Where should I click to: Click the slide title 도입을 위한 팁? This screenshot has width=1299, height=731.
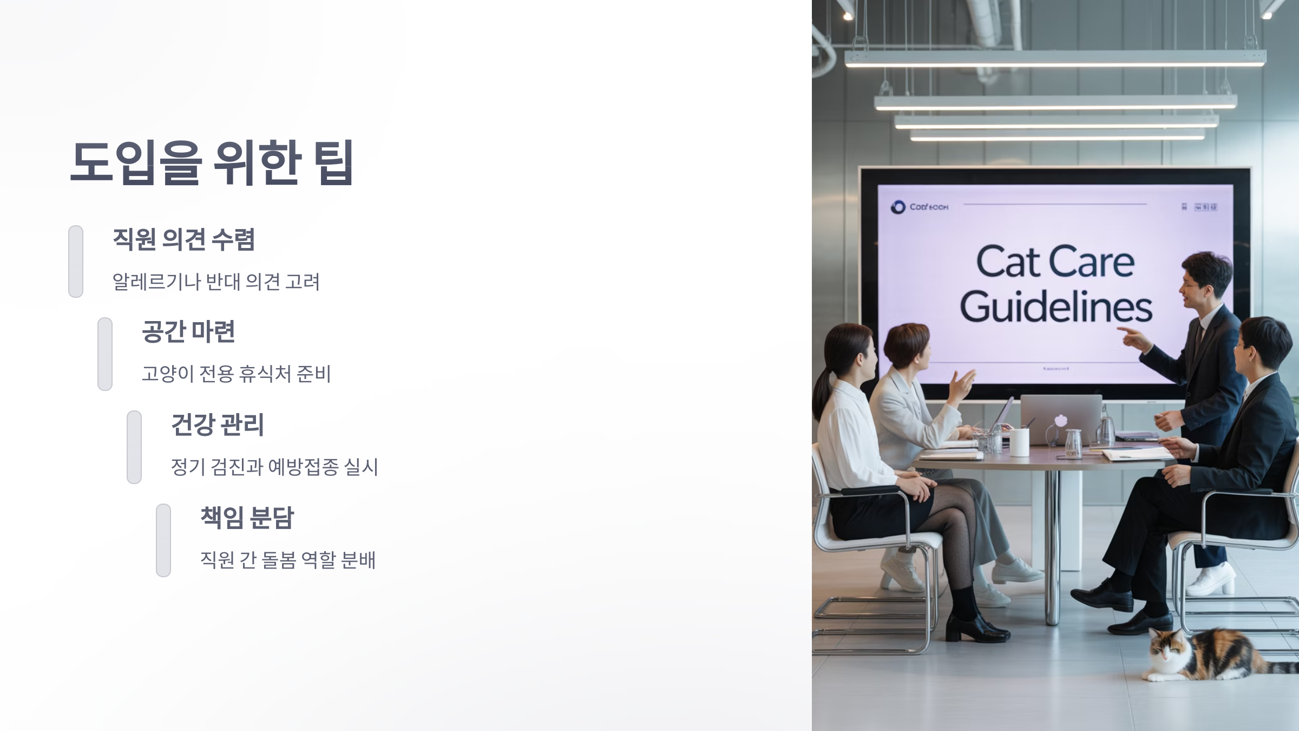click(212, 162)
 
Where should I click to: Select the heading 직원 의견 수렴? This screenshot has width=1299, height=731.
click(183, 239)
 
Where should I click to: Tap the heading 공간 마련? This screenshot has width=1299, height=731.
click(188, 331)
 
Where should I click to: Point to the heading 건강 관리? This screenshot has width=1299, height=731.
click(217, 425)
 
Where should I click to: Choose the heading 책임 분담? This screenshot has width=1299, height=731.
click(247, 518)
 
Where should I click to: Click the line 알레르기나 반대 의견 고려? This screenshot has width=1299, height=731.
click(216, 282)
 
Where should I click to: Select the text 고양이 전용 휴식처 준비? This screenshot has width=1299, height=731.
click(236, 374)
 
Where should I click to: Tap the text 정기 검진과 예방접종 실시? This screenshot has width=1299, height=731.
click(274, 467)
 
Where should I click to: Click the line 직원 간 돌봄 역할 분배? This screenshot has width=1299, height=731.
click(287, 560)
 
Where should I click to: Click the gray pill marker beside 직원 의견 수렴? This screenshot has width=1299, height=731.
click(76, 262)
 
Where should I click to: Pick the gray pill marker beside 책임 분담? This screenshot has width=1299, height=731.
click(163, 540)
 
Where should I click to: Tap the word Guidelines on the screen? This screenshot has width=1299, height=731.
click(1055, 308)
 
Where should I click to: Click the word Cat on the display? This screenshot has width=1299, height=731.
click(1007, 262)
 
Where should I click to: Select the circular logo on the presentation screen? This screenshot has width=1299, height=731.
click(898, 207)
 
